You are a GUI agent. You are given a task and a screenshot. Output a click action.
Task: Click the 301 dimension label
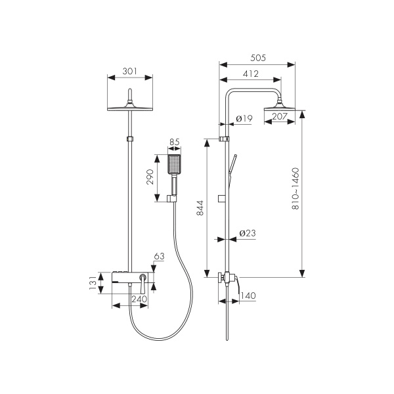click(129, 72)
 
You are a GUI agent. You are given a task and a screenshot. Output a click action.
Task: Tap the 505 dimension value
click(258, 58)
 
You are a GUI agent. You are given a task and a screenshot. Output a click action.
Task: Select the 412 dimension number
click(251, 74)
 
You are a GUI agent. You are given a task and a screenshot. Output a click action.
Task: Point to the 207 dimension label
click(280, 116)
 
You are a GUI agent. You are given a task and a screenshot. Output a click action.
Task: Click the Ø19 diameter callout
click(244, 118)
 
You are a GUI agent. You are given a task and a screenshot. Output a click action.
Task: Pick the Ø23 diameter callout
click(248, 233)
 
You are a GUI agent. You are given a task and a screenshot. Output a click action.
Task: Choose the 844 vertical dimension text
click(200, 208)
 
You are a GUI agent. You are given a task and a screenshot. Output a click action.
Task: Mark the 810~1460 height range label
click(295, 188)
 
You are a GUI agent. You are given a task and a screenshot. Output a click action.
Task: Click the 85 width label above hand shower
click(175, 142)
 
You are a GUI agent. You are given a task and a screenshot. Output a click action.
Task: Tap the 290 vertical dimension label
click(150, 177)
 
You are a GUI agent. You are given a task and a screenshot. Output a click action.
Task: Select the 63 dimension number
click(159, 256)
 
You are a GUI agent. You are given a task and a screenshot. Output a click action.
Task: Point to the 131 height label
click(93, 282)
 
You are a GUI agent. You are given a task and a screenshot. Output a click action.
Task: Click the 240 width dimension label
click(139, 299)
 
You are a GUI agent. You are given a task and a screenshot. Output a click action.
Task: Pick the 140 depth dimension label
click(248, 295)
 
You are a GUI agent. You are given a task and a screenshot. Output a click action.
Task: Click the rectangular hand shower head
click(174, 164)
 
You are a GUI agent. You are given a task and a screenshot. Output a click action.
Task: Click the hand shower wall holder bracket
click(172, 198)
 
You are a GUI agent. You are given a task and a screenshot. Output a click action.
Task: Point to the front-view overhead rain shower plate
click(130, 108)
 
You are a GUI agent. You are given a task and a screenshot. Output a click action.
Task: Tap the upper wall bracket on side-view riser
click(224, 139)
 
